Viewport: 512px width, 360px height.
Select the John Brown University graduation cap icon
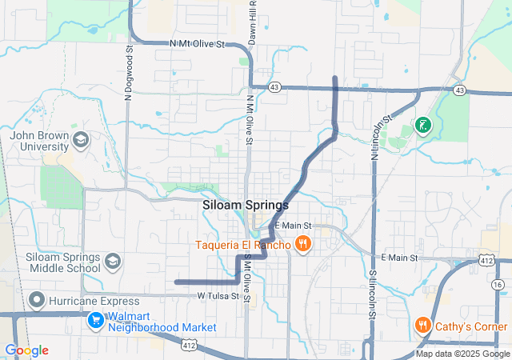point(80,141)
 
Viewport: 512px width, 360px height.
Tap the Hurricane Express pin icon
point(35,301)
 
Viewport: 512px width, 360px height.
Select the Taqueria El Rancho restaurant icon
point(302,244)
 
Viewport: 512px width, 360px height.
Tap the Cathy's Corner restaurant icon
point(422,326)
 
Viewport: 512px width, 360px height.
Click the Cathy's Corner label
point(471,326)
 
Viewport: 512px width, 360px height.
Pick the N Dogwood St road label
point(128,72)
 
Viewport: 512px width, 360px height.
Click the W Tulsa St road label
point(218,297)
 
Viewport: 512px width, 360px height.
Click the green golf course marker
point(422,125)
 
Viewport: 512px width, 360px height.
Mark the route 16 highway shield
point(498,285)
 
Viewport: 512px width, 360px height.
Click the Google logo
point(26,350)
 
